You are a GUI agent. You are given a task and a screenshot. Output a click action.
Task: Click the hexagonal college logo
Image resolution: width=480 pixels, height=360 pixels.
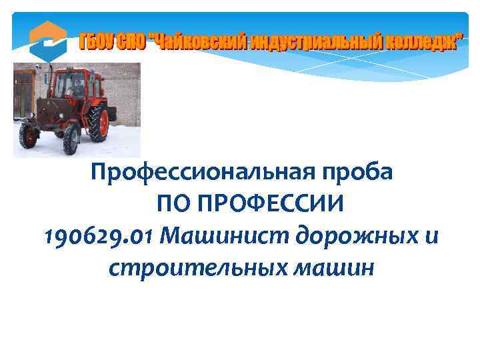click(48, 41)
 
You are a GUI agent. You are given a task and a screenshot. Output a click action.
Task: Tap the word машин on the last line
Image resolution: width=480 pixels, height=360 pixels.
click(333, 267)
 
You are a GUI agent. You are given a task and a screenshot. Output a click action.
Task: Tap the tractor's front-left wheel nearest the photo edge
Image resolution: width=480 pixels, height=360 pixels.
click(28, 135)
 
